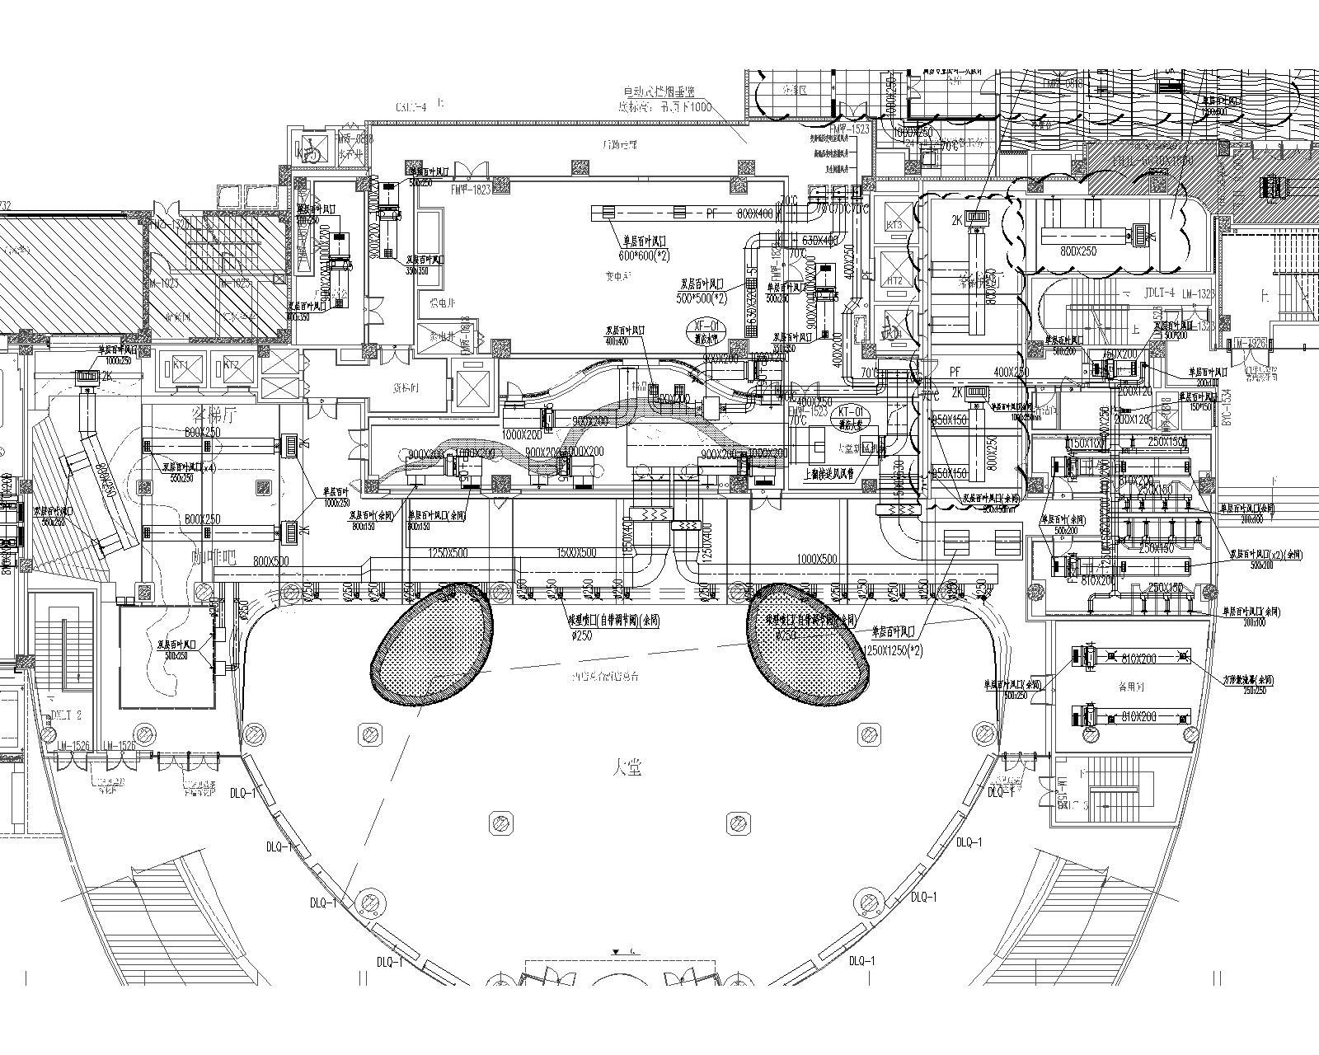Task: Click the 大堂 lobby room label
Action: point(627,768)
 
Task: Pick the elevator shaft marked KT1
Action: point(181,365)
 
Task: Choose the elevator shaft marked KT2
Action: point(231,365)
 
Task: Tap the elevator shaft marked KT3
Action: point(894,225)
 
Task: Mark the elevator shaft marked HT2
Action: point(894,280)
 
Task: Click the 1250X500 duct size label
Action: point(446,553)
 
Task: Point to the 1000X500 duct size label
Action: point(817,559)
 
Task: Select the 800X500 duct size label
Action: point(270,561)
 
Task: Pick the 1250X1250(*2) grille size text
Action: point(895,650)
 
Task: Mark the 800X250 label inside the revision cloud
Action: point(1078,251)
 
